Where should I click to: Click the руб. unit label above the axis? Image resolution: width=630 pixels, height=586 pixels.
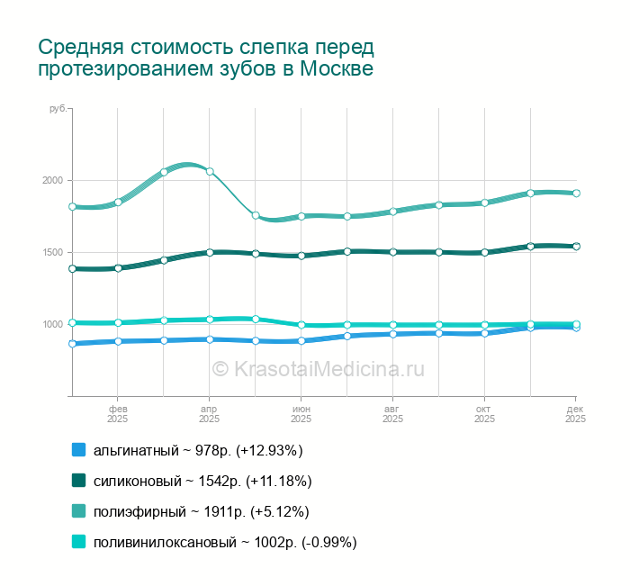[x=58, y=108]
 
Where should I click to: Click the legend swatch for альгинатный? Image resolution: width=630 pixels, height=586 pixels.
[x=78, y=450]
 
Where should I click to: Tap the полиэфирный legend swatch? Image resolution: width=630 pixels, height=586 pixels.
[x=78, y=511]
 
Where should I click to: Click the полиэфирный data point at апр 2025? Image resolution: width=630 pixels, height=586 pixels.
[x=210, y=171]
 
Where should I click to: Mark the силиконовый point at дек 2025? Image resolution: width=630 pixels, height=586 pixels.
[x=576, y=246]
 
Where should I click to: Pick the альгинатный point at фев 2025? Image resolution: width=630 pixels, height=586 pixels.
[x=117, y=341]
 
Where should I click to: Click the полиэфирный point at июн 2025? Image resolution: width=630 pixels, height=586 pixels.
[x=301, y=216]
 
